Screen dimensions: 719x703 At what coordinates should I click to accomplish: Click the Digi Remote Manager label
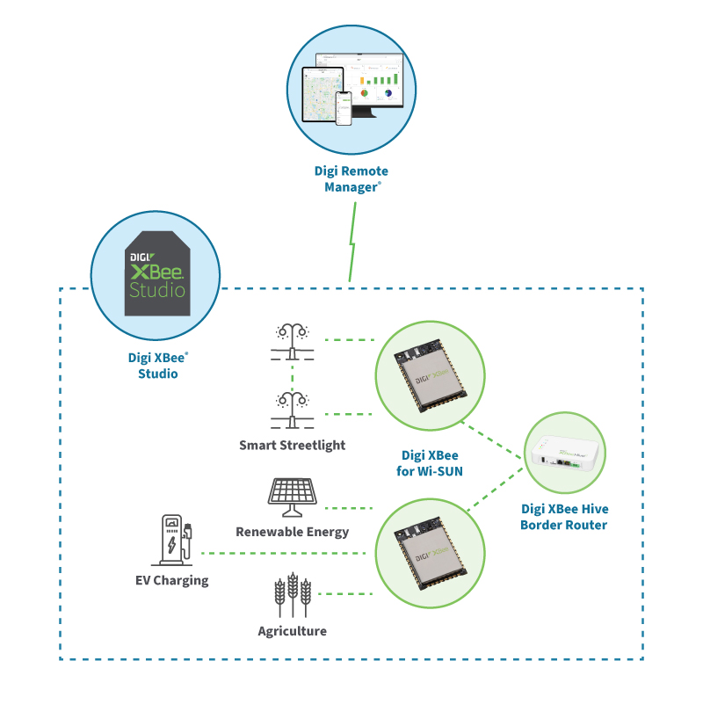(x=351, y=178)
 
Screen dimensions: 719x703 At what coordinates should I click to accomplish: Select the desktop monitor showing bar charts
(x=372, y=84)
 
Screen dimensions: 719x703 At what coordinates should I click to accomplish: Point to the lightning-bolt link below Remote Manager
(x=352, y=243)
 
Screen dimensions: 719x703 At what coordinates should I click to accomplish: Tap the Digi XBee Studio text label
(x=157, y=367)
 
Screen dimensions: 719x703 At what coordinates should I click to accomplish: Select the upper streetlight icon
(x=292, y=342)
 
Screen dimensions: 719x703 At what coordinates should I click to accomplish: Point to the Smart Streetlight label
(x=292, y=445)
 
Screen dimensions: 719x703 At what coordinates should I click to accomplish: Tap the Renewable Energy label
(x=292, y=532)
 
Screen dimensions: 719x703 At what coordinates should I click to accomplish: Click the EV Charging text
(x=171, y=580)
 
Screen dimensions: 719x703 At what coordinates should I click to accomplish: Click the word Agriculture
(x=292, y=631)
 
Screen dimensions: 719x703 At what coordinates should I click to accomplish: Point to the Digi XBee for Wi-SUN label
(x=430, y=463)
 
